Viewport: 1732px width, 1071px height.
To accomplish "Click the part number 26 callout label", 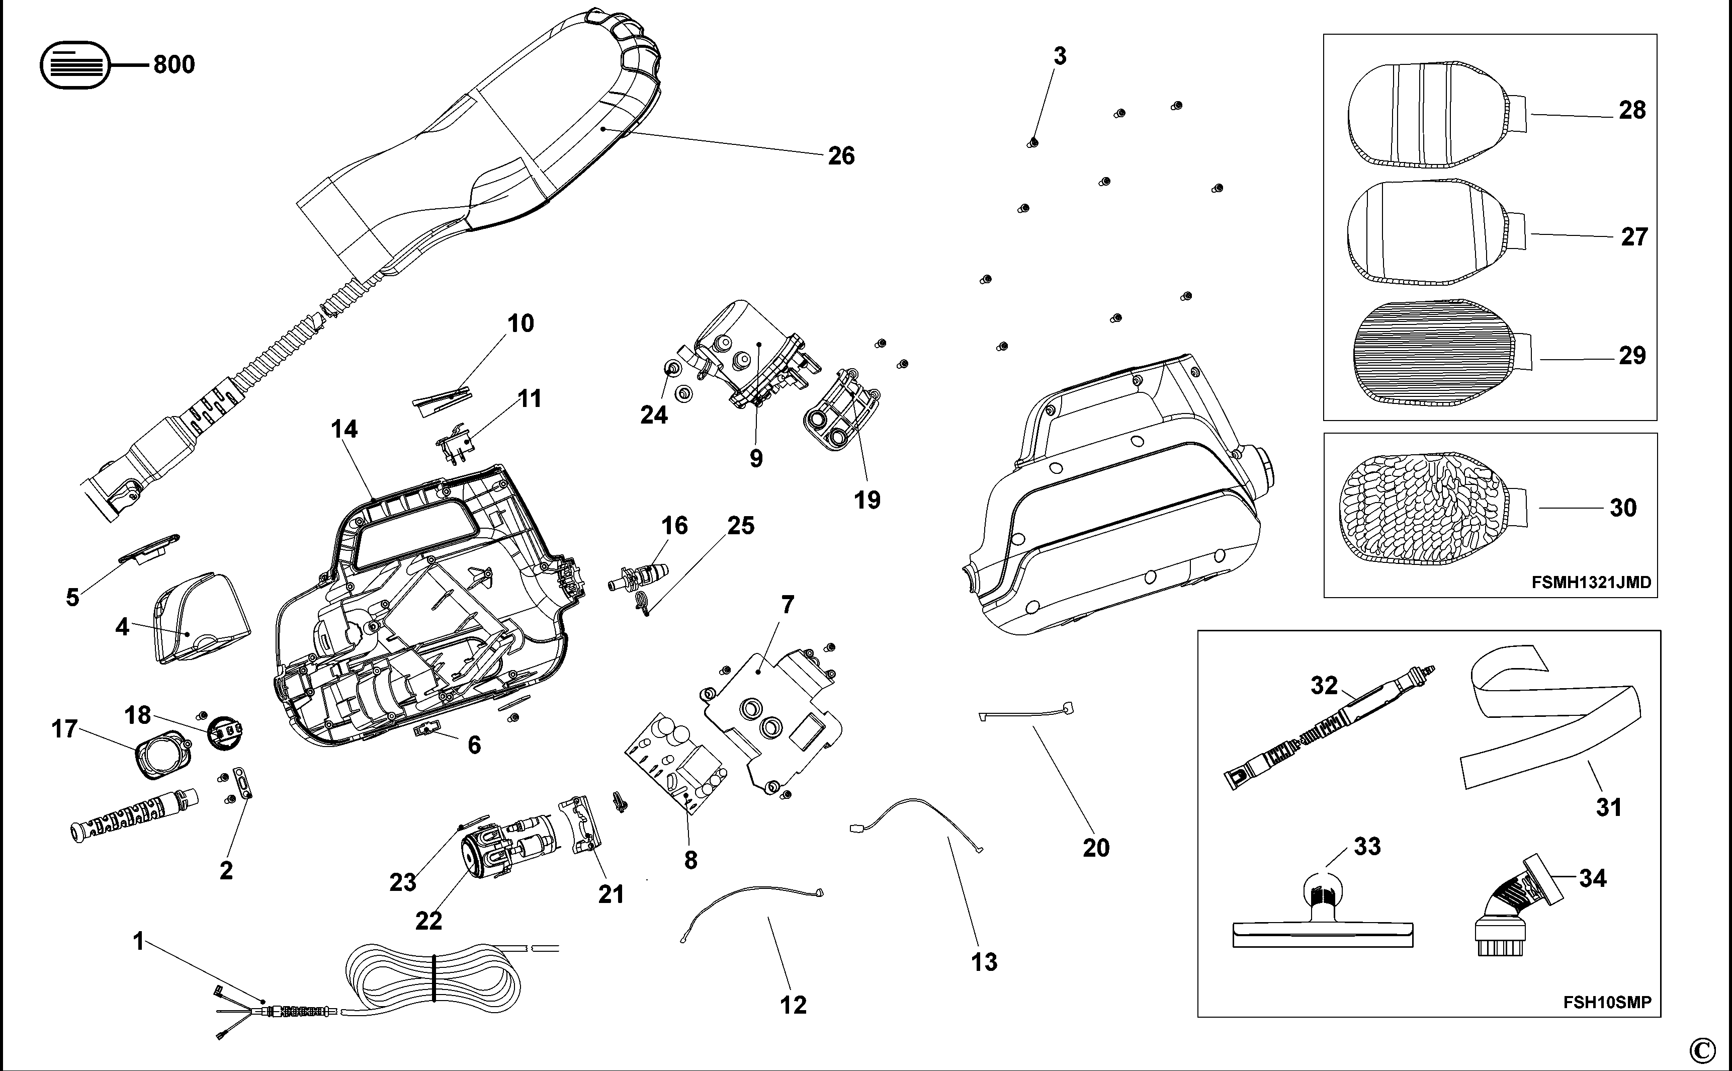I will coord(841,156).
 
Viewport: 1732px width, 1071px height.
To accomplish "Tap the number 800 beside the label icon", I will coord(174,64).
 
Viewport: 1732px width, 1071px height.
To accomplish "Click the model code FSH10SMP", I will coord(1607,1002).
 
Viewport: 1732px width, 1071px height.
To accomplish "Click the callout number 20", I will coord(1096,847).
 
